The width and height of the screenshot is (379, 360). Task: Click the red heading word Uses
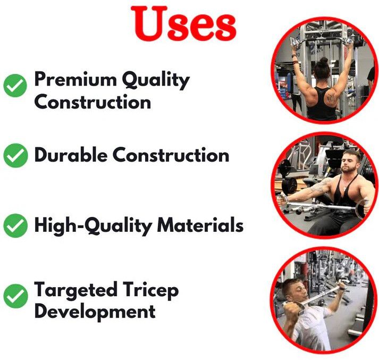click(x=184, y=23)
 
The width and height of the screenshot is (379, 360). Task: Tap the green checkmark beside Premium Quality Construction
click(x=15, y=86)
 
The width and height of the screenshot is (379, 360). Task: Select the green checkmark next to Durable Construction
click(x=15, y=155)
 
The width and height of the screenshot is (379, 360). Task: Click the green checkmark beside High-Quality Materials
click(x=15, y=225)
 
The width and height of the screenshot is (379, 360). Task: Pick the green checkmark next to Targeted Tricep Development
click(x=15, y=296)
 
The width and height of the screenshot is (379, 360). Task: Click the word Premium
click(x=75, y=79)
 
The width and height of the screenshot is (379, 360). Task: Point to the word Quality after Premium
click(x=155, y=80)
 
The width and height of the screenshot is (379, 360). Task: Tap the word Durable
click(x=71, y=155)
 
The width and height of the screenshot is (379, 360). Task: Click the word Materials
click(x=200, y=225)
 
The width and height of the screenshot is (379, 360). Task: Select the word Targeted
click(x=75, y=290)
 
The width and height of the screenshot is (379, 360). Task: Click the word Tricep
click(x=150, y=290)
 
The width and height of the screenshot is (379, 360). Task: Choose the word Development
click(x=95, y=312)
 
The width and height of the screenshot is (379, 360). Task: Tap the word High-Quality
click(x=93, y=226)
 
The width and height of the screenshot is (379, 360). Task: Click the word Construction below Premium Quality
click(x=93, y=102)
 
